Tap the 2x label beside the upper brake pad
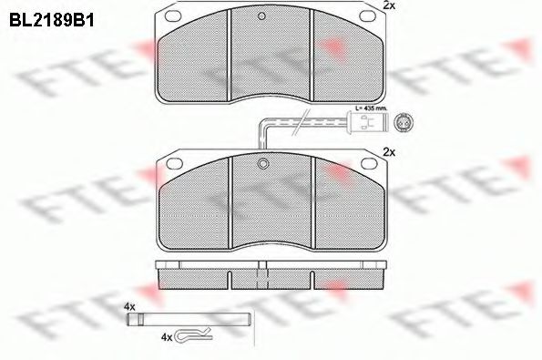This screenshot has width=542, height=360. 389,6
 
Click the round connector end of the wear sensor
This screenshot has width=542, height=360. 404,118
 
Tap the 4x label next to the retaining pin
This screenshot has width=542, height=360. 129,307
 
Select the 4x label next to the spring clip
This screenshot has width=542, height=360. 166,336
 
